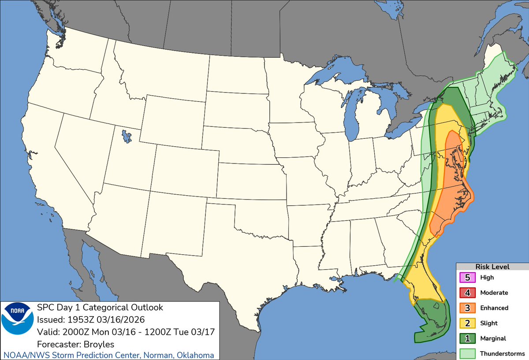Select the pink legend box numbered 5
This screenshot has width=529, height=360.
(x=468, y=278)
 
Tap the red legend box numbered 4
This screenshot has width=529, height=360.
(x=468, y=293)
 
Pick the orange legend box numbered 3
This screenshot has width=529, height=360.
(x=468, y=308)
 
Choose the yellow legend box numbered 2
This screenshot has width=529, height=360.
(x=468, y=323)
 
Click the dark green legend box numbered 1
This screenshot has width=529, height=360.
(x=468, y=338)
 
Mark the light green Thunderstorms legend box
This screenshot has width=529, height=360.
(x=468, y=353)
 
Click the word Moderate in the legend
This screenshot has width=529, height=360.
(x=494, y=293)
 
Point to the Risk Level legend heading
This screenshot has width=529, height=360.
(x=492, y=267)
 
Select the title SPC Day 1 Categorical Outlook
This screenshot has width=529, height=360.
(x=100, y=308)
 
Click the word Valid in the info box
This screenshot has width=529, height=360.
(x=47, y=332)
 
